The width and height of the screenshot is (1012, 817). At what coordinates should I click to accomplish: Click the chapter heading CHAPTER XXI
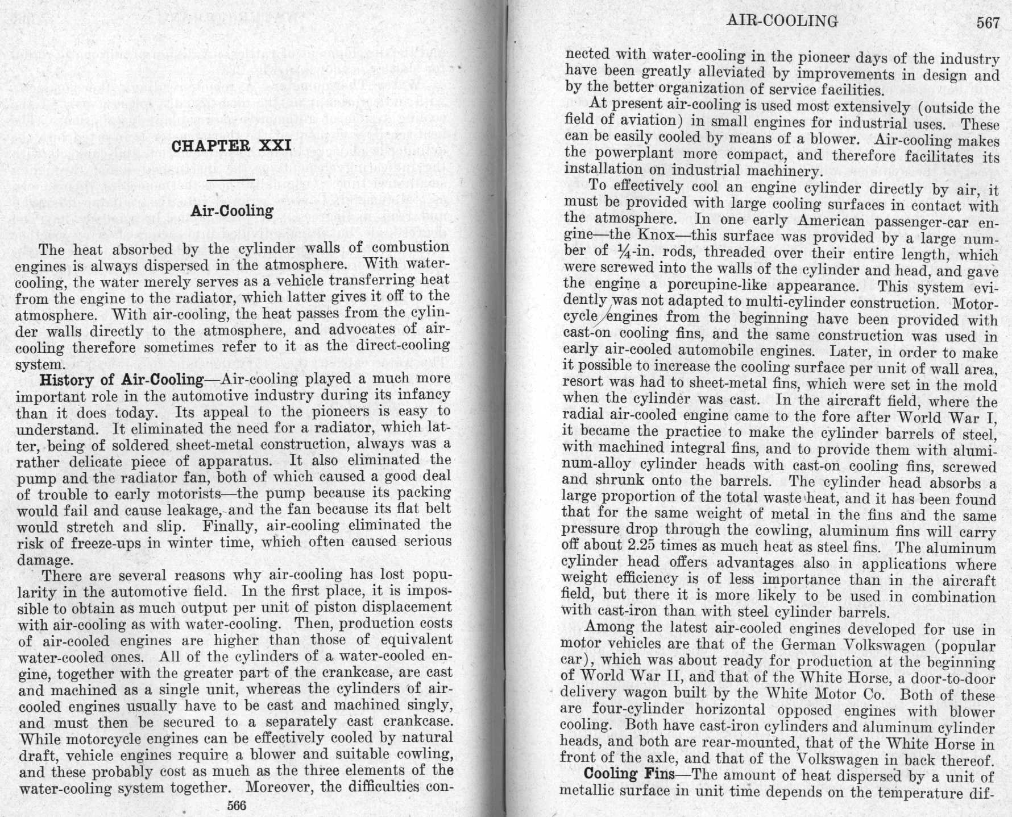pyautogui.click(x=231, y=146)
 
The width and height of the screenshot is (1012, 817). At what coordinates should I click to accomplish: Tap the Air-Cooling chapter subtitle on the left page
pyautogui.click(x=232, y=211)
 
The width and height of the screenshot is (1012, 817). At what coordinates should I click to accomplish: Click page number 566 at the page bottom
pyautogui.click(x=237, y=806)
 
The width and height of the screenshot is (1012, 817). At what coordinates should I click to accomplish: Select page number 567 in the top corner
pyautogui.click(x=988, y=23)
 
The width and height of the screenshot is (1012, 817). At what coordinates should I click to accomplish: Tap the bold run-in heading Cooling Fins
pyautogui.click(x=629, y=774)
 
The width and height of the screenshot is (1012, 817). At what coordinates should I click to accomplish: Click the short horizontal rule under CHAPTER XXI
pyautogui.click(x=231, y=180)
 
